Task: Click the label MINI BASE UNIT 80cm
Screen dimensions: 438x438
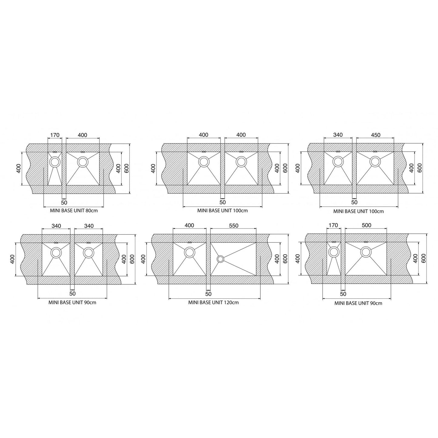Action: click(74, 211)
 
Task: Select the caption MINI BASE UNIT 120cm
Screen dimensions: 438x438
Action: click(213, 302)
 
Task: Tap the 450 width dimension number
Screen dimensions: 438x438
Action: click(375, 135)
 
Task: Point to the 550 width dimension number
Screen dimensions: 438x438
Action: click(233, 226)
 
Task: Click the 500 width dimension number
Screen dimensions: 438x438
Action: click(366, 226)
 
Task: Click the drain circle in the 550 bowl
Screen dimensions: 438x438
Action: click(220, 259)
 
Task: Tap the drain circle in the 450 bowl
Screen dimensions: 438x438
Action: click(375, 162)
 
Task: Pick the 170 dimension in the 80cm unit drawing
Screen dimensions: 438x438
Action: click(55, 135)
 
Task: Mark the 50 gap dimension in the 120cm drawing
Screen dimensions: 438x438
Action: click(208, 294)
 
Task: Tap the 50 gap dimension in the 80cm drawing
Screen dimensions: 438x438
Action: click(64, 202)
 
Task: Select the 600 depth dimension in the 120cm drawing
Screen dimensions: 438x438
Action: click(285, 259)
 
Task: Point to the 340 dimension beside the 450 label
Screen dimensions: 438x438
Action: click(338, 135)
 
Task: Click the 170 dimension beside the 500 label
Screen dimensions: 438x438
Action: click(333, 226)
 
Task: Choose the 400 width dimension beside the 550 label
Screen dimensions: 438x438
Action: click(189, 226)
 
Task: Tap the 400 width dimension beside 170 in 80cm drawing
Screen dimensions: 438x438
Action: click(82, 135)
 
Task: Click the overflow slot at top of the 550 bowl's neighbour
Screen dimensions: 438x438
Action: click(190, 242)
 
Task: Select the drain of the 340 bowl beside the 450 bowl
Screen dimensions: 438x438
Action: click(338, 162)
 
